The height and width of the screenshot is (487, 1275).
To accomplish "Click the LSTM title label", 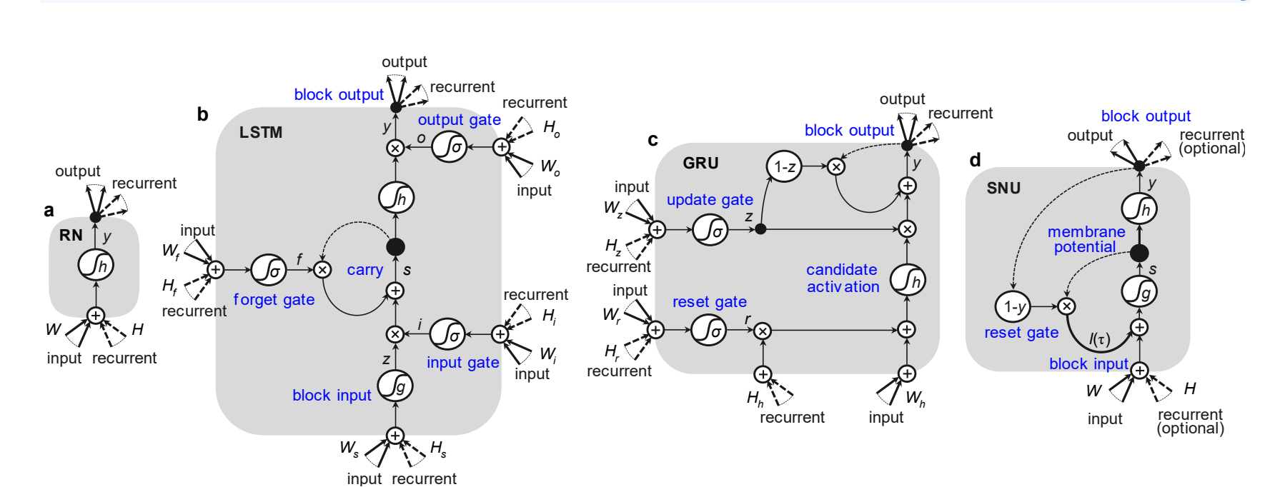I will pyautogui.click(x=261, y=133).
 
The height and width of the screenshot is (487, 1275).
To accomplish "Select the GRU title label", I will pyautogui.click(x=700, y=164).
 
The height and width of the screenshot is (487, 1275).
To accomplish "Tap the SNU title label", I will pyautogui.click(x=1003, y=189).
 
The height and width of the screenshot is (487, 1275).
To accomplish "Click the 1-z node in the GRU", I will pyautogui.click(x=784, y=167).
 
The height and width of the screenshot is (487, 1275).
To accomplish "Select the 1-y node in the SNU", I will pyautogui.click(x=1013, y=307).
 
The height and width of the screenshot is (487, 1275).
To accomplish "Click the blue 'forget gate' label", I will pyautogui.click(x=274, y=300).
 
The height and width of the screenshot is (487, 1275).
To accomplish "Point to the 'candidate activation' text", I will pyautogui.click(x=843, y=278).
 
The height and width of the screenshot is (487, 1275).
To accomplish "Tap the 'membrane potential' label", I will pyautogui.click(x=1086, y=239).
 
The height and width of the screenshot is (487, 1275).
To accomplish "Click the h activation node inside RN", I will pyautogui.click(x=96, y=266).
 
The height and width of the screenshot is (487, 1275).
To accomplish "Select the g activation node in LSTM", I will pyautogui.click(x=396, y=386).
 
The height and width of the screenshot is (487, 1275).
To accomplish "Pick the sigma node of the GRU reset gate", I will pyautogui.click(x=709, y=330).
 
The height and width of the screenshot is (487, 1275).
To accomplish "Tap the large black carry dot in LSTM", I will pyautogui.click(x=395, y=247).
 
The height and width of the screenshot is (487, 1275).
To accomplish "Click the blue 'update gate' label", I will pyautogui.click(x=710, y=200).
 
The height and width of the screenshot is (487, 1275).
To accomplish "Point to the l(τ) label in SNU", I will pyautogui.click(x=1099, y=339).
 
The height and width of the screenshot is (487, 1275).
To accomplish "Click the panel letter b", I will pyautogui.click(x=202, y=115).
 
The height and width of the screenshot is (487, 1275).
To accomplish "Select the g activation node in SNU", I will pyautogui.click(x=1139, y=291).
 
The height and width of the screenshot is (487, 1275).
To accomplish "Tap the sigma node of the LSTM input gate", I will pyautogui.click(x=448, y=334).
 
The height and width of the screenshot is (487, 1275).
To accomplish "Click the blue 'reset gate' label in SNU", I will pyautogui.click(x=1021, y=333).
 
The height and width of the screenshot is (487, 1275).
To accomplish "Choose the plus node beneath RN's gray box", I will pyautogui.click(x=96, y=316).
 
